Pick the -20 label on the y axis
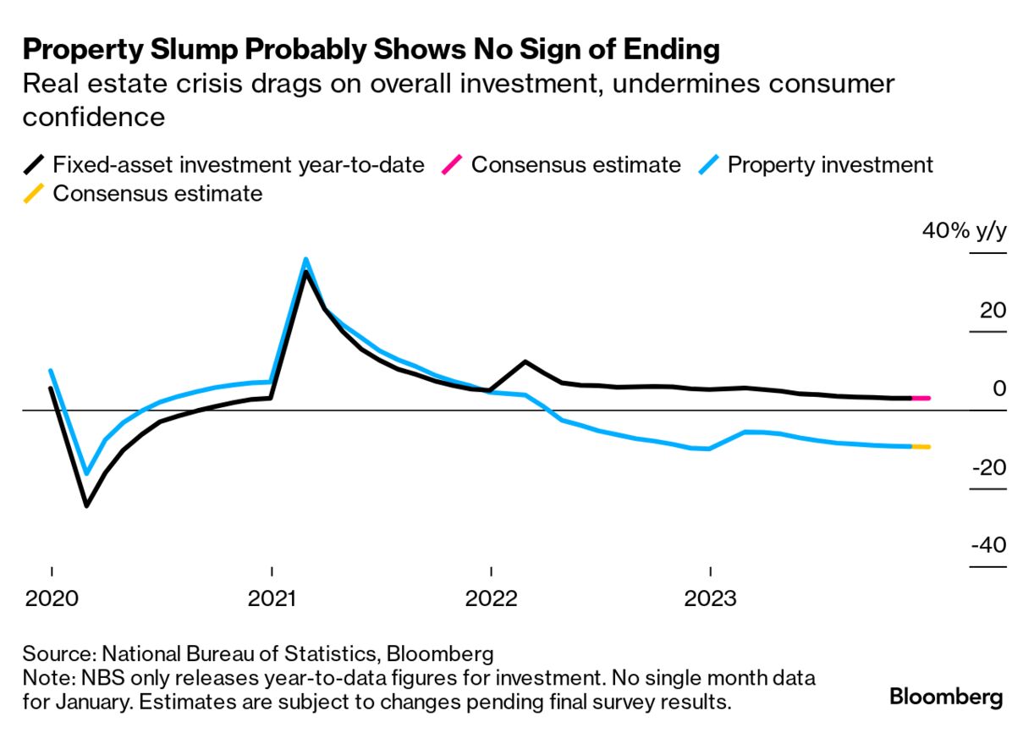pyautogui.click(x=987, y=467)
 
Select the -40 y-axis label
pyautogui.click(x=987, y=545)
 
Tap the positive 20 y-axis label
pyautogui.click(x=993, y=310)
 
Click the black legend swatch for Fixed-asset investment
pyautogui.click(x=34, y=164)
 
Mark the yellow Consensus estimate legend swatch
pyautogui.click(x=34, y=194)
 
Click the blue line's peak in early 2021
pyautogui.click(x=305, y=260)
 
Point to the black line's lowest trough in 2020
pyautogui.click(x=86, y=505)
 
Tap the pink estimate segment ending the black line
pyautogui.click(x=921, y=398)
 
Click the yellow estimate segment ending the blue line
pyautogui.click(x=921, y=446)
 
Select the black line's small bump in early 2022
pyautogui.click(x=525, y=362)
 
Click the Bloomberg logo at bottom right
pyautogui.click(x=946, y=697)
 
